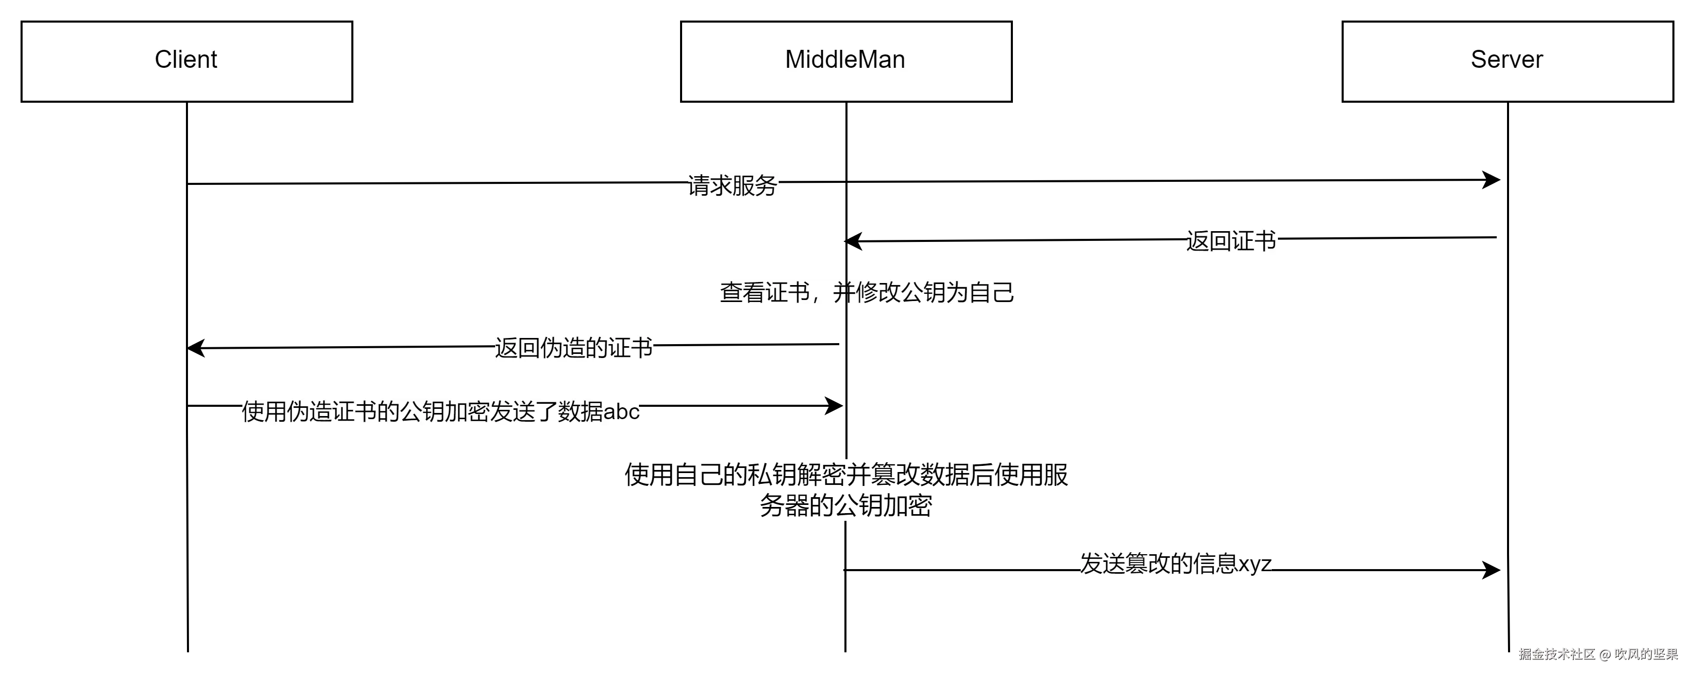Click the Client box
point(186,61)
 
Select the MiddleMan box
point(845,61)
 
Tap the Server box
point(1507,61)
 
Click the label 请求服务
point(733,186)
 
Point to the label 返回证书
point(1232,241)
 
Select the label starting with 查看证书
point(867,292)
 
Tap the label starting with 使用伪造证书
point(441,412)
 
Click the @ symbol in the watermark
point(1604,654)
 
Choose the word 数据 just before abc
point(580,412)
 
